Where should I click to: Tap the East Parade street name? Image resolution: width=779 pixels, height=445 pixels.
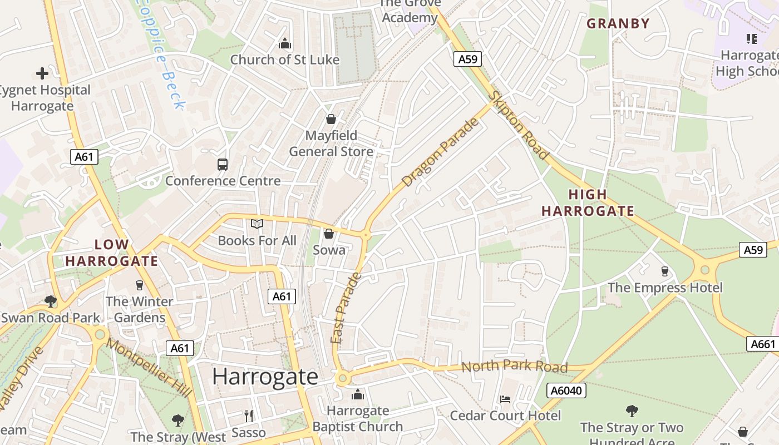pyautogui.click(x=346, y=308)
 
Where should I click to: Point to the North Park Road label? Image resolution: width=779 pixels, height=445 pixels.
pyautogui.click(x=514, y=366)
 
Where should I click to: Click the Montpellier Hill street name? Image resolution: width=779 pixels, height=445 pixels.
pyautogui.click(x=149, y=368)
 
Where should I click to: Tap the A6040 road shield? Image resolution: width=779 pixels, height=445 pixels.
pyautogui.click(x=566, y=390)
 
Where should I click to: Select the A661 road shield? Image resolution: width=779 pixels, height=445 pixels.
pyautogui.click(x=762, y=344)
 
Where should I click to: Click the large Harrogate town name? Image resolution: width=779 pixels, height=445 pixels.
pyautogui.click(x=265, y=377)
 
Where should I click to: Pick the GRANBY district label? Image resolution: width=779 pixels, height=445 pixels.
pyautogui.click(x=618, y=23)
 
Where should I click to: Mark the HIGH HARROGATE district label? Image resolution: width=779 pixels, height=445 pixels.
pyautogui.click(x=588, y=203)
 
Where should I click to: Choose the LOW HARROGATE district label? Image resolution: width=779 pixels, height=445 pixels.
pyautogui.click(x=112, y=253)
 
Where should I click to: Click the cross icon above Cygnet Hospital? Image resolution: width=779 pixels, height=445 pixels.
pyautogui.click(x=42, y=73)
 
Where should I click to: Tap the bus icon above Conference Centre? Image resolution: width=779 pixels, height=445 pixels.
pyautogui.click(x=223, y=164)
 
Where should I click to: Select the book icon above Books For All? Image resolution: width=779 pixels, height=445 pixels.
pyautogui.click(x=257, y=224)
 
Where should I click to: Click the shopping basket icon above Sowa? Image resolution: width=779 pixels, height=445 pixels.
pyautogui.click(x=329, y=234)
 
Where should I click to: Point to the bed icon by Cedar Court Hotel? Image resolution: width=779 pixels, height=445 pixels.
pyautogui.click(x=505, y=399)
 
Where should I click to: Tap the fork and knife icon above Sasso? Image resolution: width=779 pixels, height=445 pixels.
pyautogui.click(x=249, y=415)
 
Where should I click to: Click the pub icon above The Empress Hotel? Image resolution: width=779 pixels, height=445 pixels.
pyautogui.click(x=664, y=271)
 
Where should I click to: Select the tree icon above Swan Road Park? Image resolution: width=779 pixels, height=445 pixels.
pyautogui.click(x=51, y=301)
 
